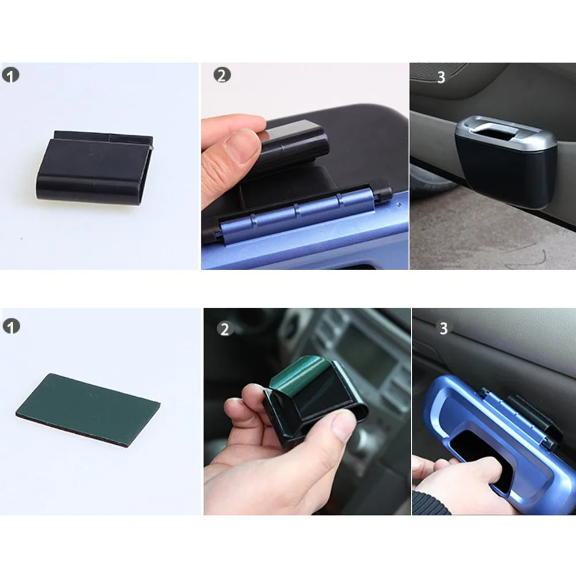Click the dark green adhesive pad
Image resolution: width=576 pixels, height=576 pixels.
tap(104, 409)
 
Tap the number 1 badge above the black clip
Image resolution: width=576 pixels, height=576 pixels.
tap(10, 75)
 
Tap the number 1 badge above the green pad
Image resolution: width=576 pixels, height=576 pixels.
tap(10, 327)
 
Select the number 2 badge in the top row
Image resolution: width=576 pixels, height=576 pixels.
tap(222, 75)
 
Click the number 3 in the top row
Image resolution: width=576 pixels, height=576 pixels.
tap(441, 77)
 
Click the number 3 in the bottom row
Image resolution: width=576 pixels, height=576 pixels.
tap(444, 328)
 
